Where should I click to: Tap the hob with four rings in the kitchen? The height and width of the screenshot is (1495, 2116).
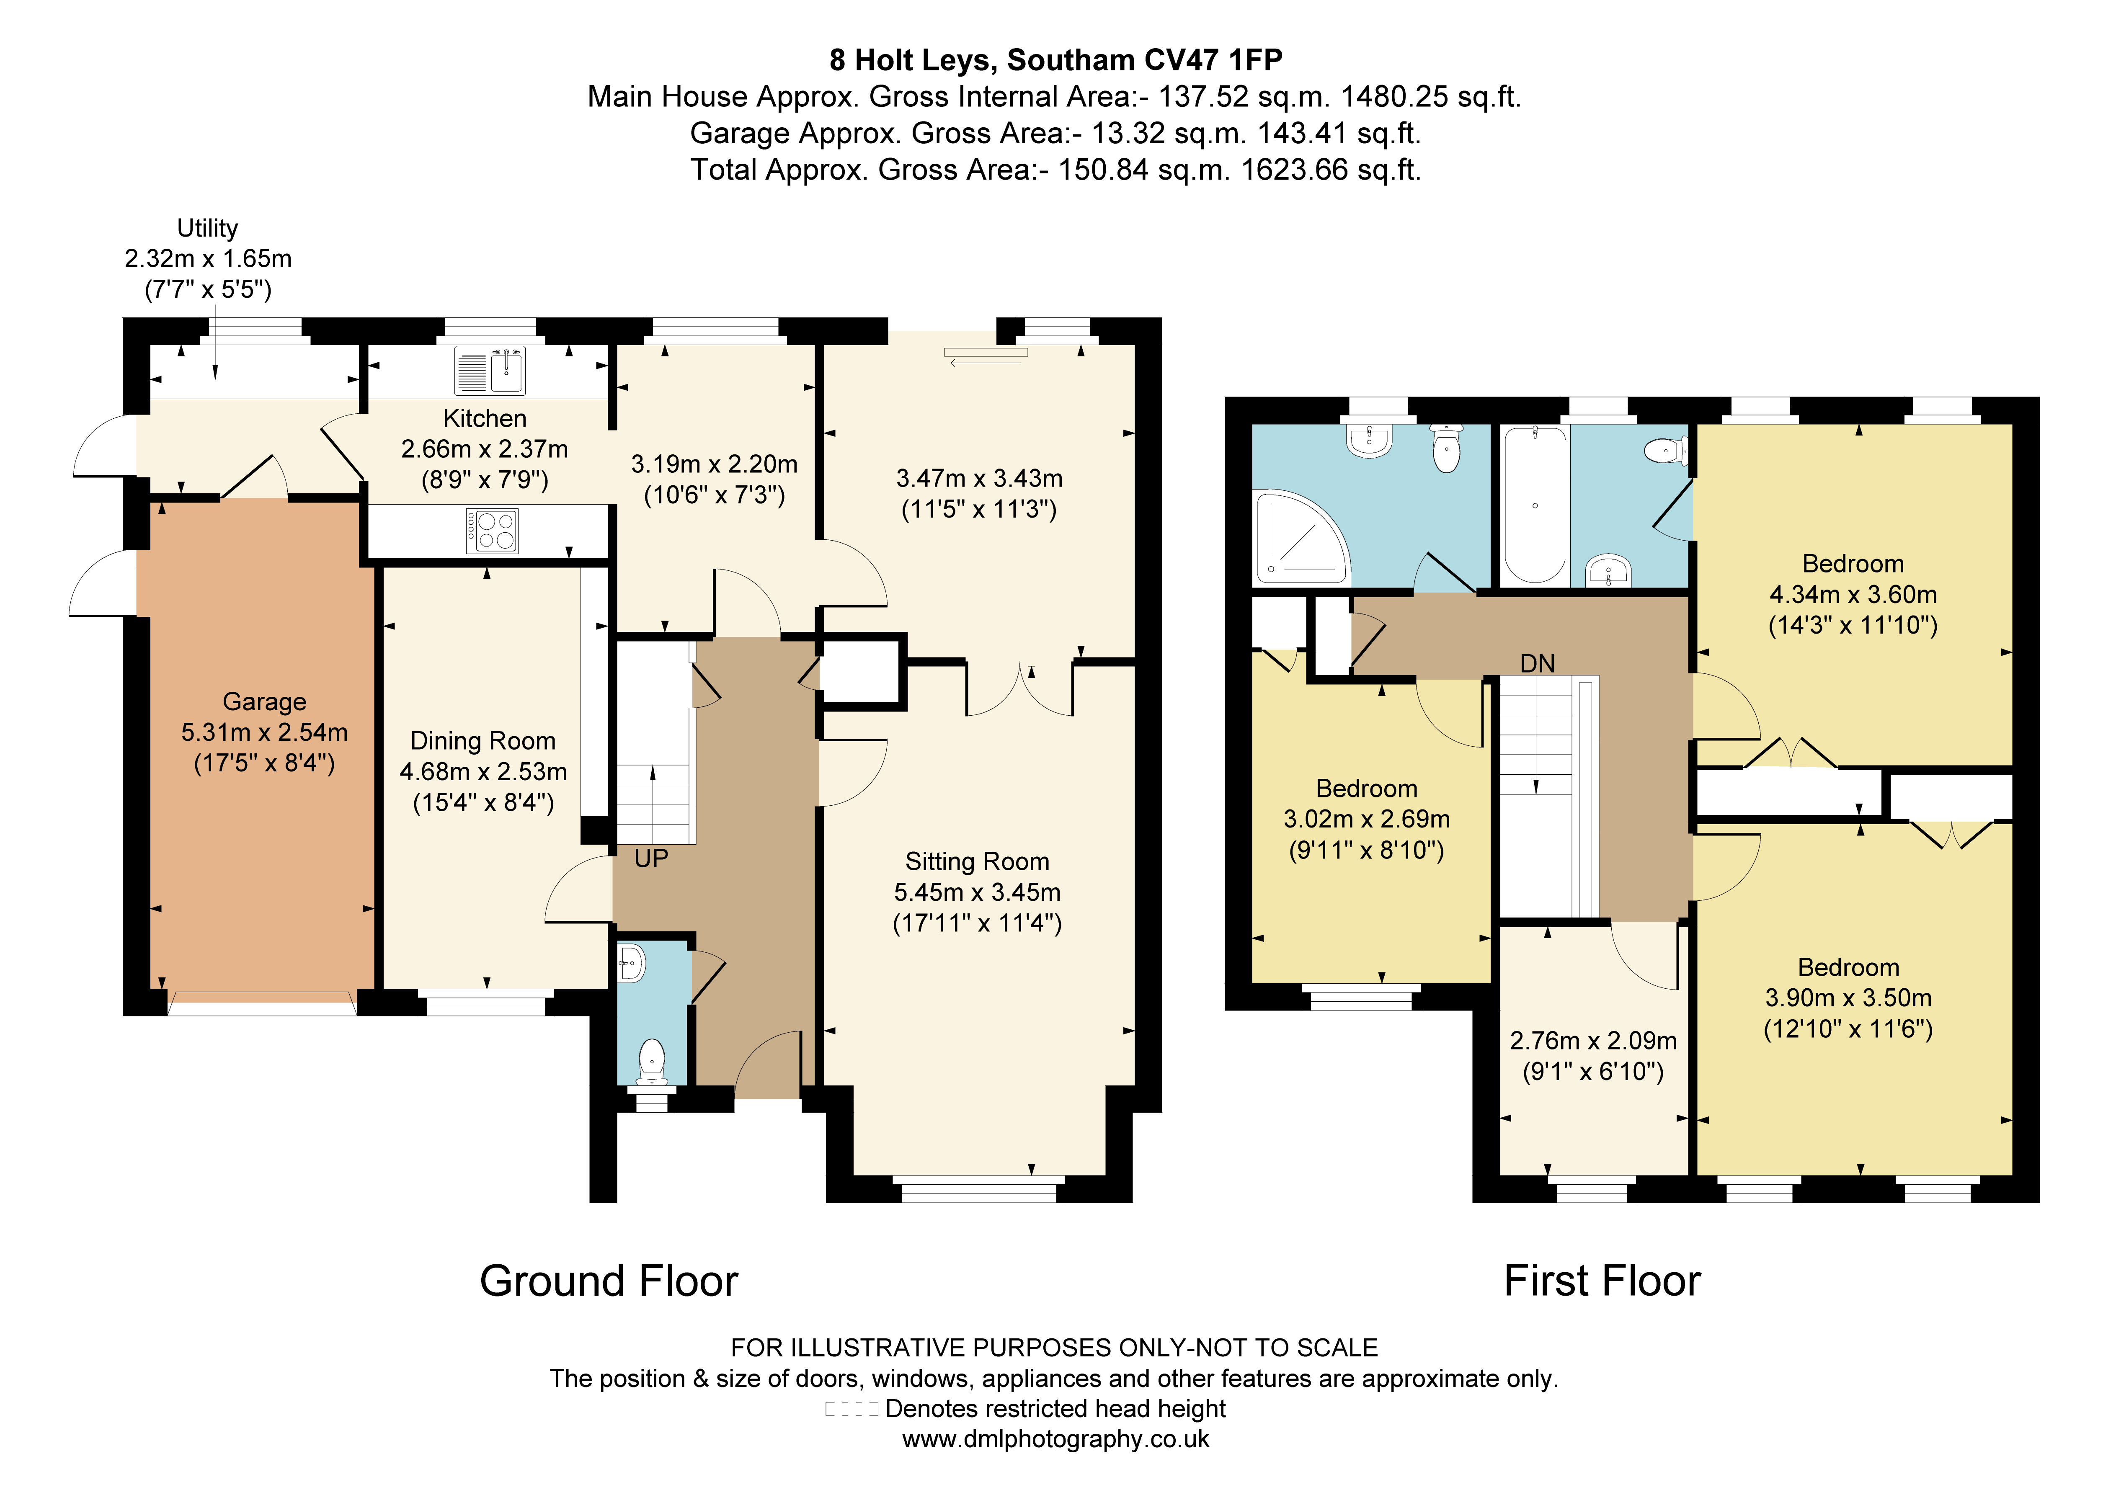tap(492, 531)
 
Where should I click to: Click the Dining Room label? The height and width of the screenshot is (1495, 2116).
tap(483, 741)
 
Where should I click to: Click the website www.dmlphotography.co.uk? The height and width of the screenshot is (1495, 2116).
tap(1055, 1439)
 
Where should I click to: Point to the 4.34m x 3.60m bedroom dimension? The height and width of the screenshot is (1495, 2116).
tap(1853, 595)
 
